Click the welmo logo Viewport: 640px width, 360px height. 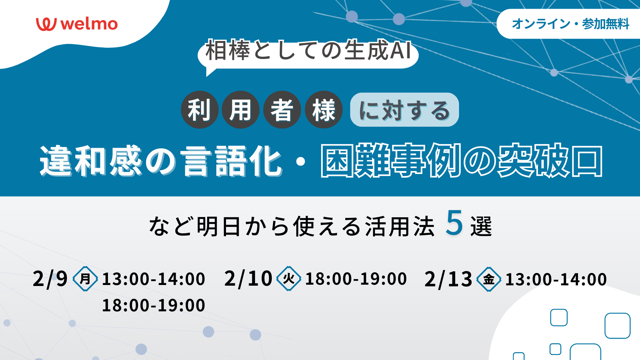click(x=77, y=24)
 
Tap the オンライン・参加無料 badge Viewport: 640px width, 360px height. click(x=568, y=24)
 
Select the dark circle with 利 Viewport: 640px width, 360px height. click(x=200, y=110)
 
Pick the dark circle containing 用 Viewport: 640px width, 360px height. click(x=241, y=110)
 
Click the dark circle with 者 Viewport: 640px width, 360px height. click(x=282, y=110)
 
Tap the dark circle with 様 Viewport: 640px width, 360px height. click(x=324, y=110)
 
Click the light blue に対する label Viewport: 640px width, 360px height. click(x=404, y=110)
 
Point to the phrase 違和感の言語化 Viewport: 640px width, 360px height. click(x=161, y=161)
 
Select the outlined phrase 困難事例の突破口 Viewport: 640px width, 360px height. click(x=462, y=161)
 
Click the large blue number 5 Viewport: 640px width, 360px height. click(x=454, y=223)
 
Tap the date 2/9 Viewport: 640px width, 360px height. click(x=50, y=279)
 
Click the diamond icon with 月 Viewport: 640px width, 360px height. click(x=85, y=279)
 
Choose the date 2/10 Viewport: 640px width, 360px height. click(x=248, y=279)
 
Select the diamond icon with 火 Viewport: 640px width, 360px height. click(x=289, y=279)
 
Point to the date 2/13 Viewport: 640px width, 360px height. click(x=448, y=279)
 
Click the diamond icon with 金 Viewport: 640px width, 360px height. click(x=489, y=279)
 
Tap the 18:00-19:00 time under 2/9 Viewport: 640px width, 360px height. click(x=153, y=305)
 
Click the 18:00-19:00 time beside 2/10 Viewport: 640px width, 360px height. click(x=356, y=279)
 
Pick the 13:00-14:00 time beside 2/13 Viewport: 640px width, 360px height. click(x=556, y=279)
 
